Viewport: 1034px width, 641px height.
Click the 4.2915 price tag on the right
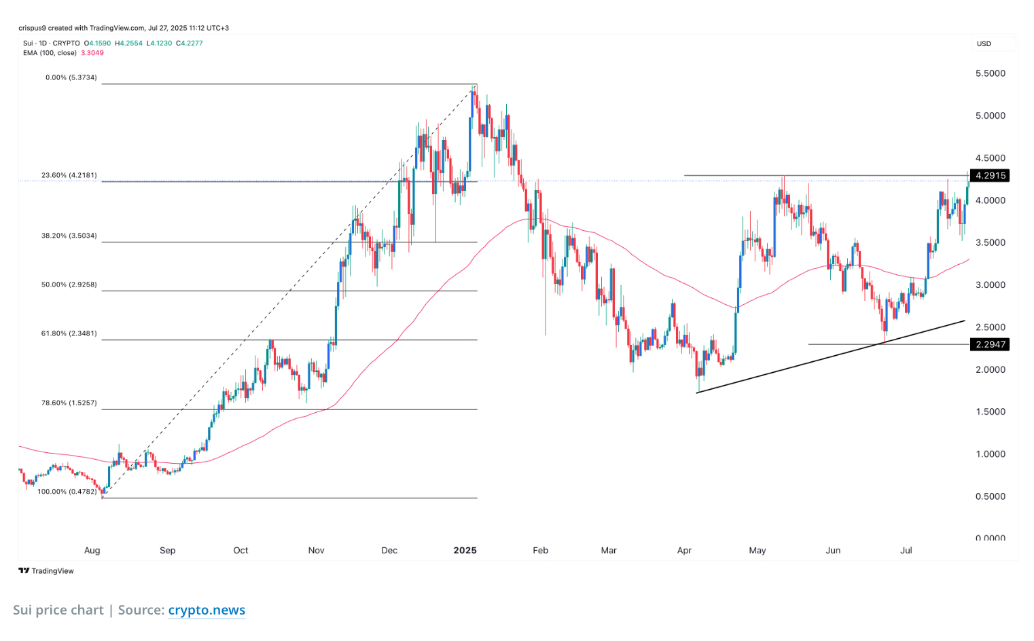990,175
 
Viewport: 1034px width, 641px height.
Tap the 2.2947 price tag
990,344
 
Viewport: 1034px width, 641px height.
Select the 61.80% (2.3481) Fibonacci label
69,333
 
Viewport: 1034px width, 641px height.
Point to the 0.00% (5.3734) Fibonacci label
71,77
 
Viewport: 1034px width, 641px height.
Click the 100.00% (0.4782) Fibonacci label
67,492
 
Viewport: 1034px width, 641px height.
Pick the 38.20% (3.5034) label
69,236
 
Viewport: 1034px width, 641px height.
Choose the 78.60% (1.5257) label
69,403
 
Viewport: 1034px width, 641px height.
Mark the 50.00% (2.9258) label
69,285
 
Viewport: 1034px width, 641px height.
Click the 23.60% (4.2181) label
69,175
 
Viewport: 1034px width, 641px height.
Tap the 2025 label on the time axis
465,550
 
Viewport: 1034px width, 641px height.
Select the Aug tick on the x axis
92,550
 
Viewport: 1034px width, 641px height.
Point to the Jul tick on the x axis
906,550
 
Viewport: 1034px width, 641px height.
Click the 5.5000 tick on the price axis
990,73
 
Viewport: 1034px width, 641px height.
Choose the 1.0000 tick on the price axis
990,454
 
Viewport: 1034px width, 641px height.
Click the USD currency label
984,43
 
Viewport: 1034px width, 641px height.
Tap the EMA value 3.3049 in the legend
92,53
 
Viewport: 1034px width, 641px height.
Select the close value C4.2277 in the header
189,43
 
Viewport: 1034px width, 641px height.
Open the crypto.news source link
207,610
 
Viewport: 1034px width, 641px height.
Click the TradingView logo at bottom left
46,571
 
